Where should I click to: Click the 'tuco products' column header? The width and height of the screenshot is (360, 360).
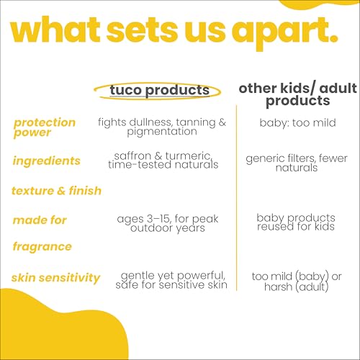point(160,90)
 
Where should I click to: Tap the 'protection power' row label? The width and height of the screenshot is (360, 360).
point(44,127)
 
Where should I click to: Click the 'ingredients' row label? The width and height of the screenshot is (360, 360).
point(46,161)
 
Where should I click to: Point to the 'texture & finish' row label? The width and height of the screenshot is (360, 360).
point(57,191)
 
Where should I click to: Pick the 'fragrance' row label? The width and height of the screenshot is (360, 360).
point(42,246)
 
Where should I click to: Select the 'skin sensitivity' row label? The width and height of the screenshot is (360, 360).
point(56,278)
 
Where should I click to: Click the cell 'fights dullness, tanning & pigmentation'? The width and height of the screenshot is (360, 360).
point(162,127)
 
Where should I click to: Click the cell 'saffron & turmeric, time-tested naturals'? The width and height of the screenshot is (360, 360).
point(162,160)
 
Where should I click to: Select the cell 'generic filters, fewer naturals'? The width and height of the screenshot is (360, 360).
point(296,163)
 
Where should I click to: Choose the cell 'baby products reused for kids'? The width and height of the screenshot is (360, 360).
point(296,222)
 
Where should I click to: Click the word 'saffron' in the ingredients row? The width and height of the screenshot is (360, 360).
point(133,156)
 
